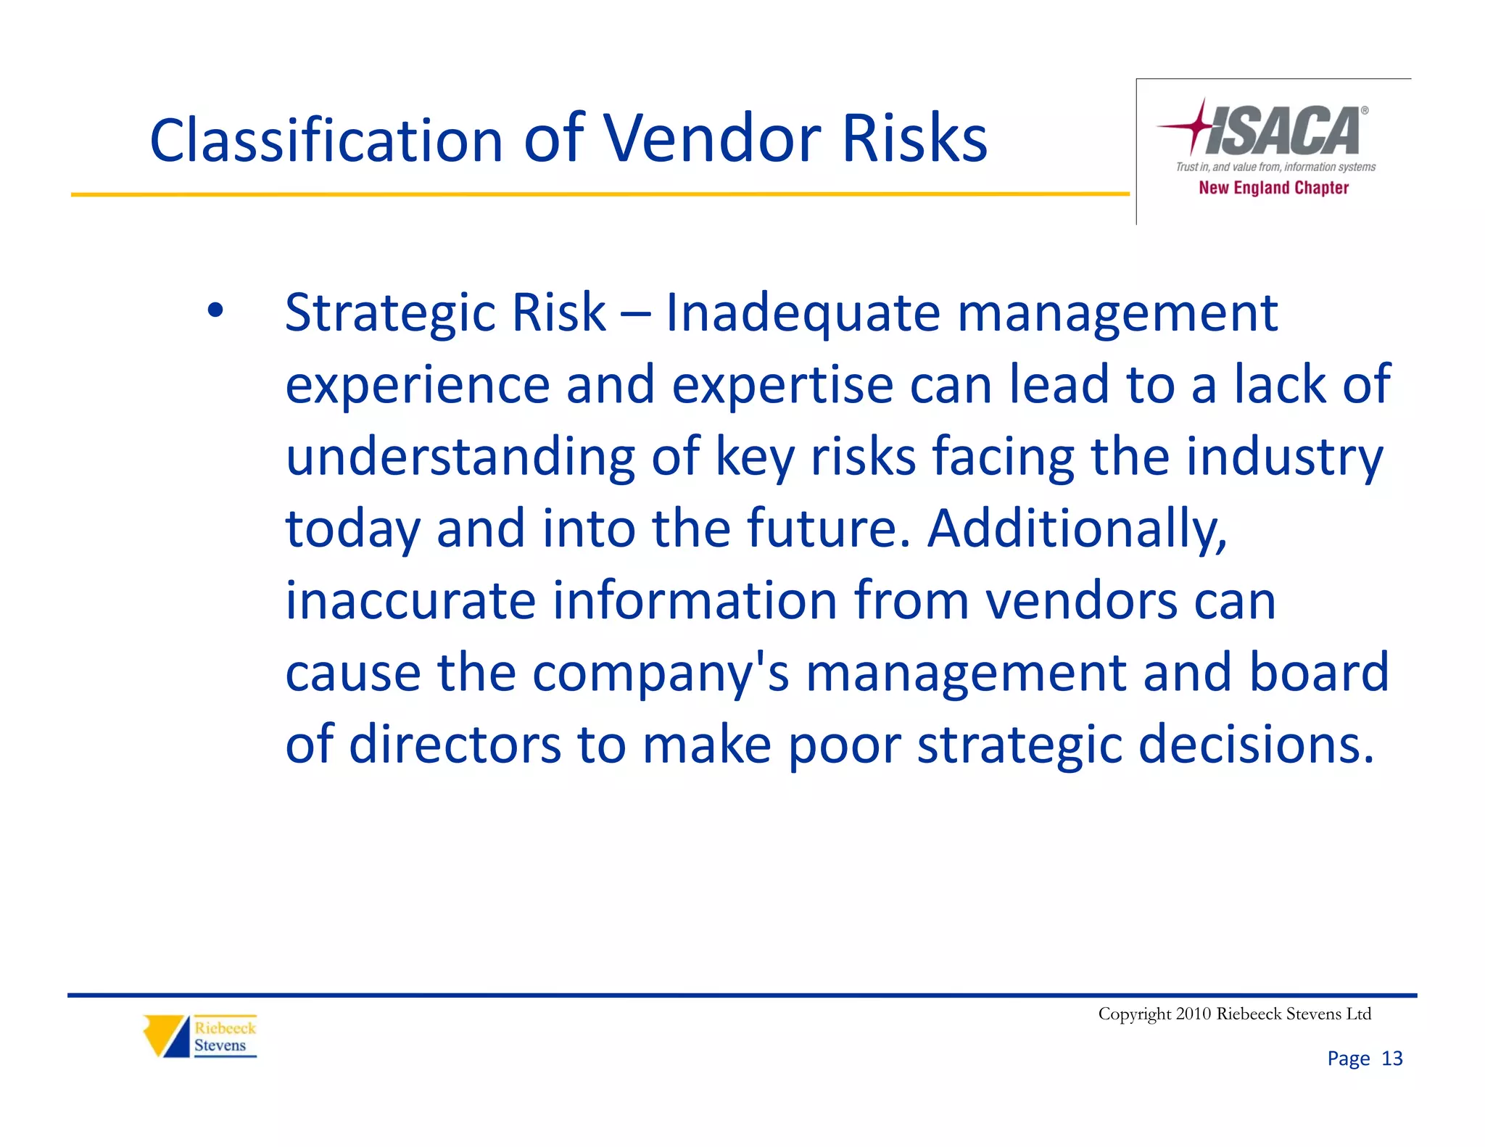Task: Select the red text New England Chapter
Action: tap(1273, 188)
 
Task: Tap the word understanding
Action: tap(460, 457)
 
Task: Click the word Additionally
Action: tap(1077, 529)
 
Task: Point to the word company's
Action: tap(661, 674)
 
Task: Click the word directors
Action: tap(455, 745)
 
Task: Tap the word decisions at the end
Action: tap(1256, 745)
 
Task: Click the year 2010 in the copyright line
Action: tap(1194, 1014)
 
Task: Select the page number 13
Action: tap(1392, 1059)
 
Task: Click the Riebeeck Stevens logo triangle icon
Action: tap(165, 1035)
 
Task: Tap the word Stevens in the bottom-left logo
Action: tap(220, 1045)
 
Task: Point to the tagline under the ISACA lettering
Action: tap(1275, 167)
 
